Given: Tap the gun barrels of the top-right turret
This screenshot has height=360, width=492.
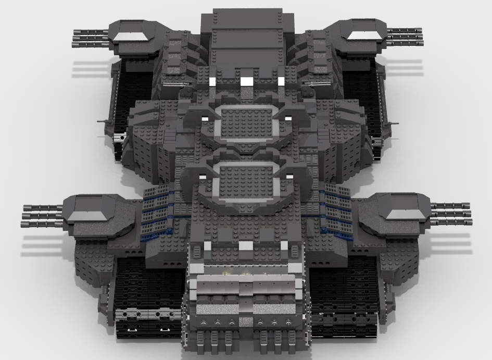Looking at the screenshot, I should coord(405,36).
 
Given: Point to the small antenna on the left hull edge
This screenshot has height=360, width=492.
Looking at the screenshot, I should coord(105,120).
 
